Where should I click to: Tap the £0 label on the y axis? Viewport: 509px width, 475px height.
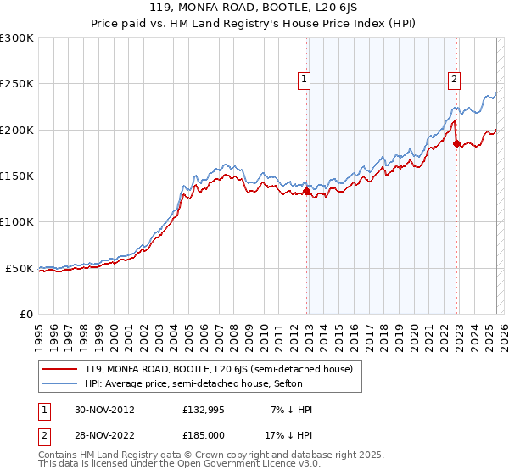coord(26,314)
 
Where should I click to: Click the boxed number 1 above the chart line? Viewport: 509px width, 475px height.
coord(304,80)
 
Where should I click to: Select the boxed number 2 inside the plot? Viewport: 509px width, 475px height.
coord(454,80)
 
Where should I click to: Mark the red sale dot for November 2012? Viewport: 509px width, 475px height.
coord(306,192)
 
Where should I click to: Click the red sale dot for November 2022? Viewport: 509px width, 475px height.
coord(456,143)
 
